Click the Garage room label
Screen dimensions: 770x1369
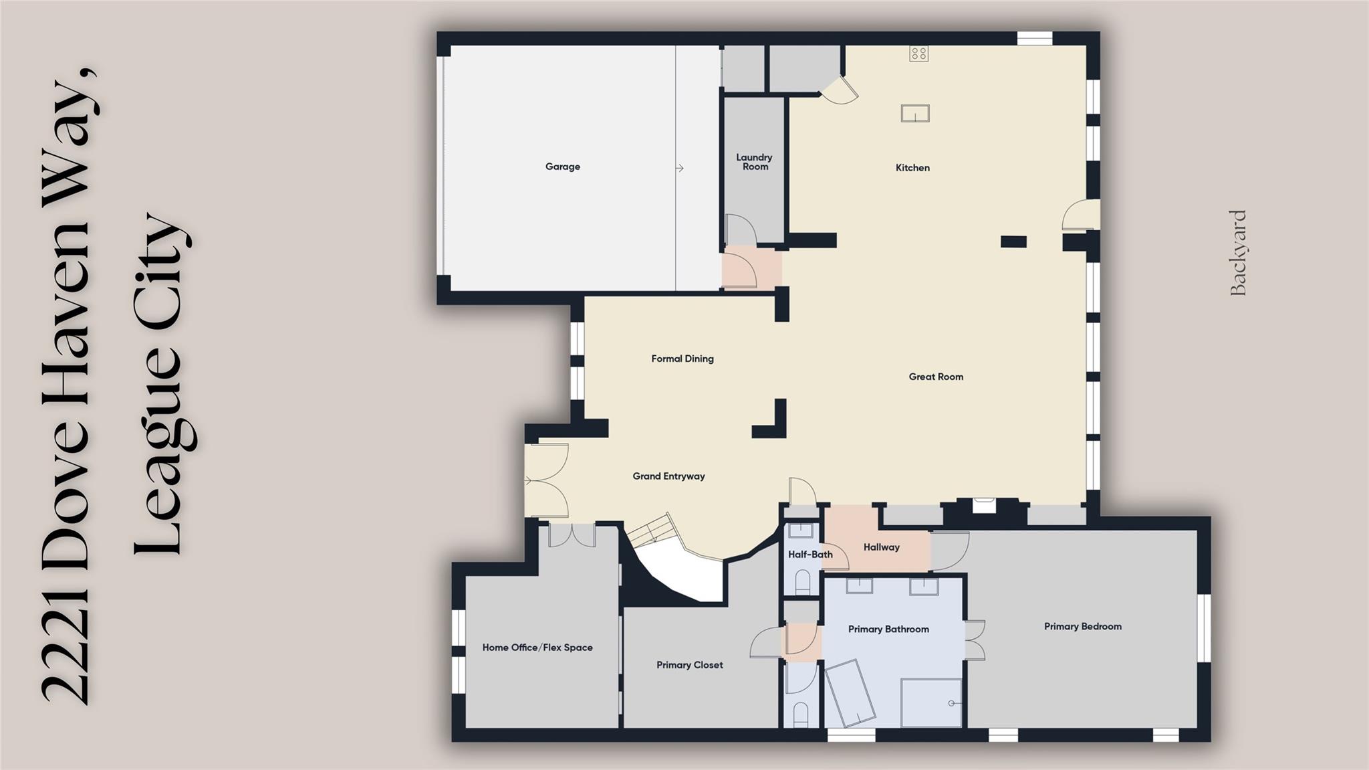[562, 167]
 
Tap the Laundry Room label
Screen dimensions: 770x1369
[754, 162]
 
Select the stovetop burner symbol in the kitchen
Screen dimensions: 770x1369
[918, 54]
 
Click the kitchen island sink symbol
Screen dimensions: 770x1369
[915, 114]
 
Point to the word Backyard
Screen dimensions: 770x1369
[1239, 253]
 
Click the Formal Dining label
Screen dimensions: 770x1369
[682, 359]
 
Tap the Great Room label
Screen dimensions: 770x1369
[936, 377]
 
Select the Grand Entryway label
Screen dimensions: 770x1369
[668, 476]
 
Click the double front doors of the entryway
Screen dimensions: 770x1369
[545, 480]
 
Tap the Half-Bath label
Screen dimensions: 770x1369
[810, 555]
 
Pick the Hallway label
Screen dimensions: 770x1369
[881, 547]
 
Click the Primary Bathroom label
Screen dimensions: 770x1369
[888, 629]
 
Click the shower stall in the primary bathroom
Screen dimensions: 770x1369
[930, 702]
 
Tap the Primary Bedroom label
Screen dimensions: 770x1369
[1082, 626]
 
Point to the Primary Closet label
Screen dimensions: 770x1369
[689, 665]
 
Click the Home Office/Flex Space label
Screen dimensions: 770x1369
[537, 648]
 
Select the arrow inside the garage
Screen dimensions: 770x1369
[679, 168]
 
